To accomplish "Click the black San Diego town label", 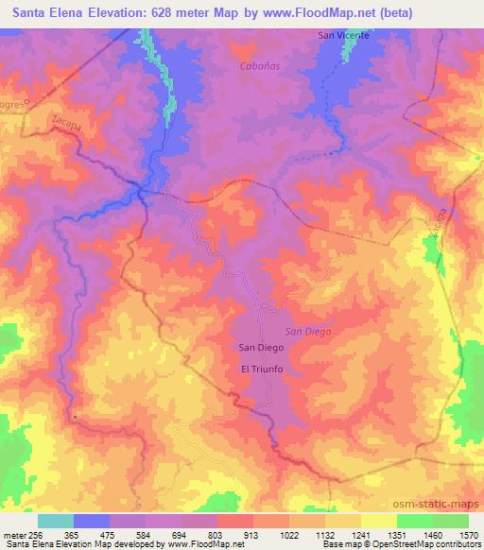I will point(260,348).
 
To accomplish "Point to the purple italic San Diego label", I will point(307,331).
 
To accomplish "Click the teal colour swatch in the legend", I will point(55,520).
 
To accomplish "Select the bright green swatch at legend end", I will point(449,520).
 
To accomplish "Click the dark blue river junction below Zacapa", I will point(142,192).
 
